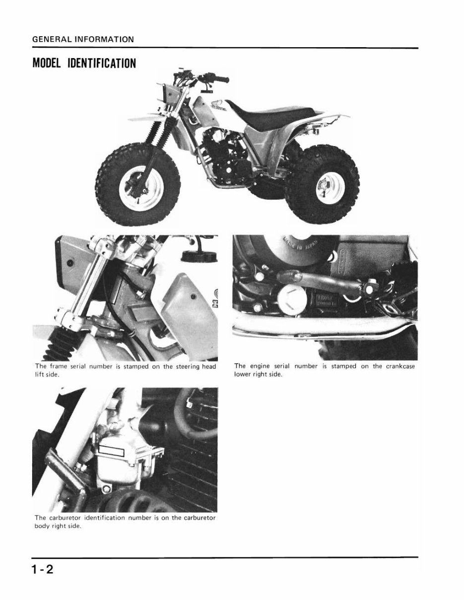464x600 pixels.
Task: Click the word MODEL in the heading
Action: [x=48, y=64]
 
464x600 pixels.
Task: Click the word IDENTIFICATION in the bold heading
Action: [x=102, y=64]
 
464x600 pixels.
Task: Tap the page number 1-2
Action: [x=42, y=569]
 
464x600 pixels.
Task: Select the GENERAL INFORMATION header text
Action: [x=82, y=39]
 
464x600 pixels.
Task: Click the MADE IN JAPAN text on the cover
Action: [x=290, y=257]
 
